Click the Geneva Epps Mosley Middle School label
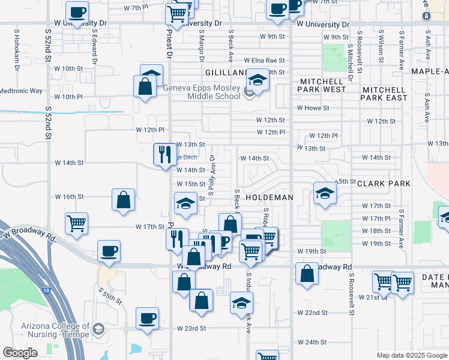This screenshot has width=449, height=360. (202, 92)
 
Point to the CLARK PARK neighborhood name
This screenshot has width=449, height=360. (384, 184)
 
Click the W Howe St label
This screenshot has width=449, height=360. (313, 108)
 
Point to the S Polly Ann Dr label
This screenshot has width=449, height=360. (211, 173)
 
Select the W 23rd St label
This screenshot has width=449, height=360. (191, 329)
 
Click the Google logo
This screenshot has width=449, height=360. (20, 353)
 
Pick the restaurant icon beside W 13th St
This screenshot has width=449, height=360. (164, 154)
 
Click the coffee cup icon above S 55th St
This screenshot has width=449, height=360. (109, 251)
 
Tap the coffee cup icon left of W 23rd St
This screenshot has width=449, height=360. (147, 318)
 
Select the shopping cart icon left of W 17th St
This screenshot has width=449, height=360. (77, 223)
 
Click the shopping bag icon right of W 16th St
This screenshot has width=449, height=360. (123, 200)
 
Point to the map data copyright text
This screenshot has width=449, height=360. (412, 355)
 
